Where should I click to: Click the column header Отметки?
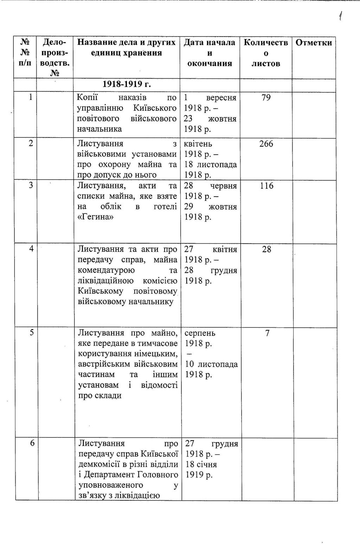coord(314,43)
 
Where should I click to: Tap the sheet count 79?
coord(266,97)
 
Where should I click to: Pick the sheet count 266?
coord(266,144)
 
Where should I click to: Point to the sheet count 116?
coord(266,186)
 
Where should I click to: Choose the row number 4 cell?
coord(32,249)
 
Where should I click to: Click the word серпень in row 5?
coord(200,333)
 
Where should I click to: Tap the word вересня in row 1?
coord(221,97)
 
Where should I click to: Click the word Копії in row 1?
coord(87,97)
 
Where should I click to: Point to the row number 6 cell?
coord(32,443)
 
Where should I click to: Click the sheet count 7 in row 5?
coord(267,333)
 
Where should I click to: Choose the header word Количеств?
coord(266,43)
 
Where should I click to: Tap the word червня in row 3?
coord(224,186)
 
